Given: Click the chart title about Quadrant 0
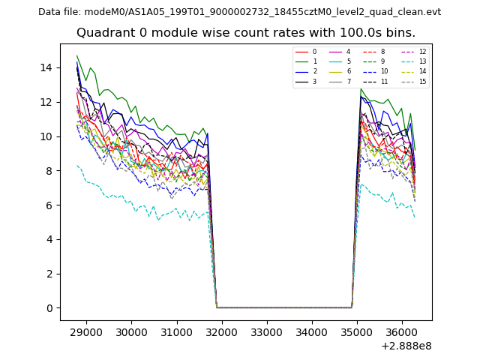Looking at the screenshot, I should [x=245, y=33].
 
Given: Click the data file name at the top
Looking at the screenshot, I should [x=239, y=11].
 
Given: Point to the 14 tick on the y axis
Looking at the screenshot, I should [x=46, y=67].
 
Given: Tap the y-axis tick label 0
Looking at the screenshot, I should [x=49, y=307].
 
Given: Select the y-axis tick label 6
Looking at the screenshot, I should [x=49, y=205].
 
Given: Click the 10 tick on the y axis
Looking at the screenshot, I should [x=46, y=136].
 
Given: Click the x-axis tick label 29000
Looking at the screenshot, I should [x=86, y=331].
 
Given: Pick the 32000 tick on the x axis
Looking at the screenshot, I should [x=221, y=331].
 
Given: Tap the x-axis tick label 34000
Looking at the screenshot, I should [x=311, y=331].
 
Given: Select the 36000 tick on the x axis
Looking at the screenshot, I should [x=401, y=331].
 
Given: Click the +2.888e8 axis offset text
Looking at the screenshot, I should [x=406, y=346].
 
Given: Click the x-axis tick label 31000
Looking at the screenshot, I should [x=176, y=331].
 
